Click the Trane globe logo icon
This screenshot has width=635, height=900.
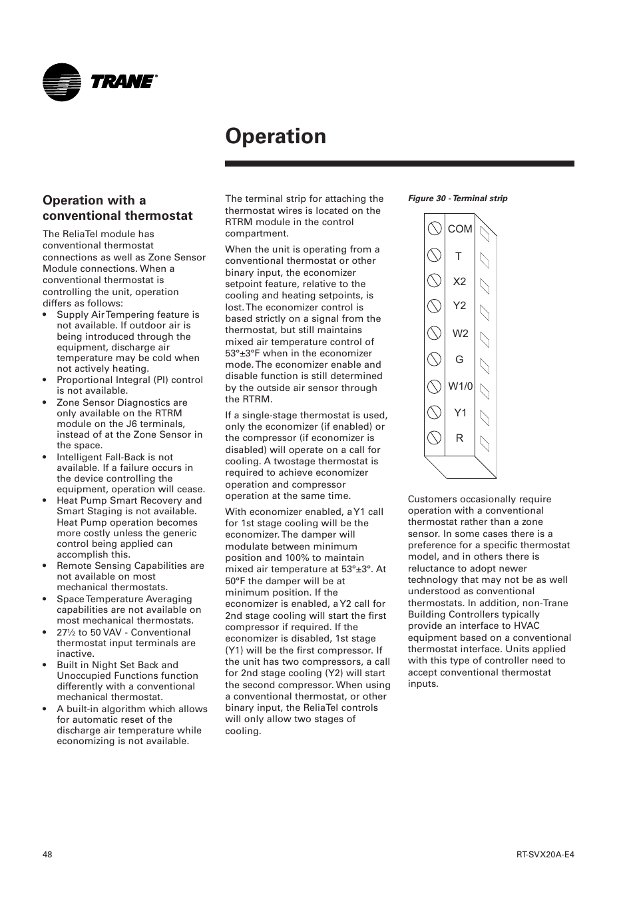(61, 83)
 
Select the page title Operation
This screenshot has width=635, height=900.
(276, 136)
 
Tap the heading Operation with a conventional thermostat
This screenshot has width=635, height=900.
(117, 208)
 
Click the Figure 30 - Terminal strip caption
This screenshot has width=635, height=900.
(457, 199)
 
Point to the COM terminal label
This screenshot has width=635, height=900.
(459, 228)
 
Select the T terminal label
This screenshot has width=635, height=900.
(458, 256)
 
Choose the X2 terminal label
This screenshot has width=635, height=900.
(459, 281)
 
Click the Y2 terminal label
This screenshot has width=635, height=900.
(459, 306)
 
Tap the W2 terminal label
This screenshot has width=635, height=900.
(460, 333)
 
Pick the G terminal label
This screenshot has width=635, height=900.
(459, 359)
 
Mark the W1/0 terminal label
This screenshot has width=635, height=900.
(460, 386)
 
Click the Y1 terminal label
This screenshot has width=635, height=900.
(460, 412)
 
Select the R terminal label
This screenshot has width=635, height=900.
(459, 438)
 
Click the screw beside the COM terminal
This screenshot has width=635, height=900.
(434, 228)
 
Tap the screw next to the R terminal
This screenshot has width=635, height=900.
(434, 438)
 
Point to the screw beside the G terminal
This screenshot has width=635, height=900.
(434, 359)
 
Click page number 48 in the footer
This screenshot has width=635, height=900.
(47, 855)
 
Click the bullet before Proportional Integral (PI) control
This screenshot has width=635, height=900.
(46, 380)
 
